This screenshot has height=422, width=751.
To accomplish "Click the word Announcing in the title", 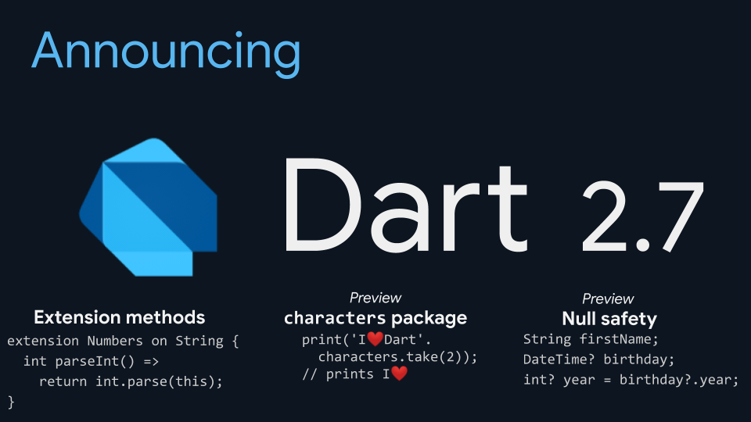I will click(x=166, y=52).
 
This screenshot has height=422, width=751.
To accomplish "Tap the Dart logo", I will click(x=148, y=206).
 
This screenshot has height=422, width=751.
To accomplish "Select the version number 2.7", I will click(x=643, y=216).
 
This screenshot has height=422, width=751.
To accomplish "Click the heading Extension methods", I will click(x=120, y=317).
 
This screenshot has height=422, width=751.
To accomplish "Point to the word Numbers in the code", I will click(x=114, y=342).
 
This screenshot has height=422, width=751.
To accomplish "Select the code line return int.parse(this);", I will click(x=131, y=381).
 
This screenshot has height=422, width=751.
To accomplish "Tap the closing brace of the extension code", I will click(x=11, y=402).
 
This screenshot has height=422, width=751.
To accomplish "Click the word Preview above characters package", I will click(x=375, y=298).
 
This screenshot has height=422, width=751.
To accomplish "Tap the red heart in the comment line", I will click(x=399, y=374).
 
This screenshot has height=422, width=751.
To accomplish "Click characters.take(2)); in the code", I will click(x=397, y=357).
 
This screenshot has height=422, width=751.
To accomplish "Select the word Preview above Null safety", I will click(x=608, y=299).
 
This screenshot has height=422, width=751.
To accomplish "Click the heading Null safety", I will click(x=609, y=319).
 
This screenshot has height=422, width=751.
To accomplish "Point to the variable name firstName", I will click(x=616, y=340).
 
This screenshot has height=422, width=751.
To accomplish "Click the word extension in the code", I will click(x=43, y=342).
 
